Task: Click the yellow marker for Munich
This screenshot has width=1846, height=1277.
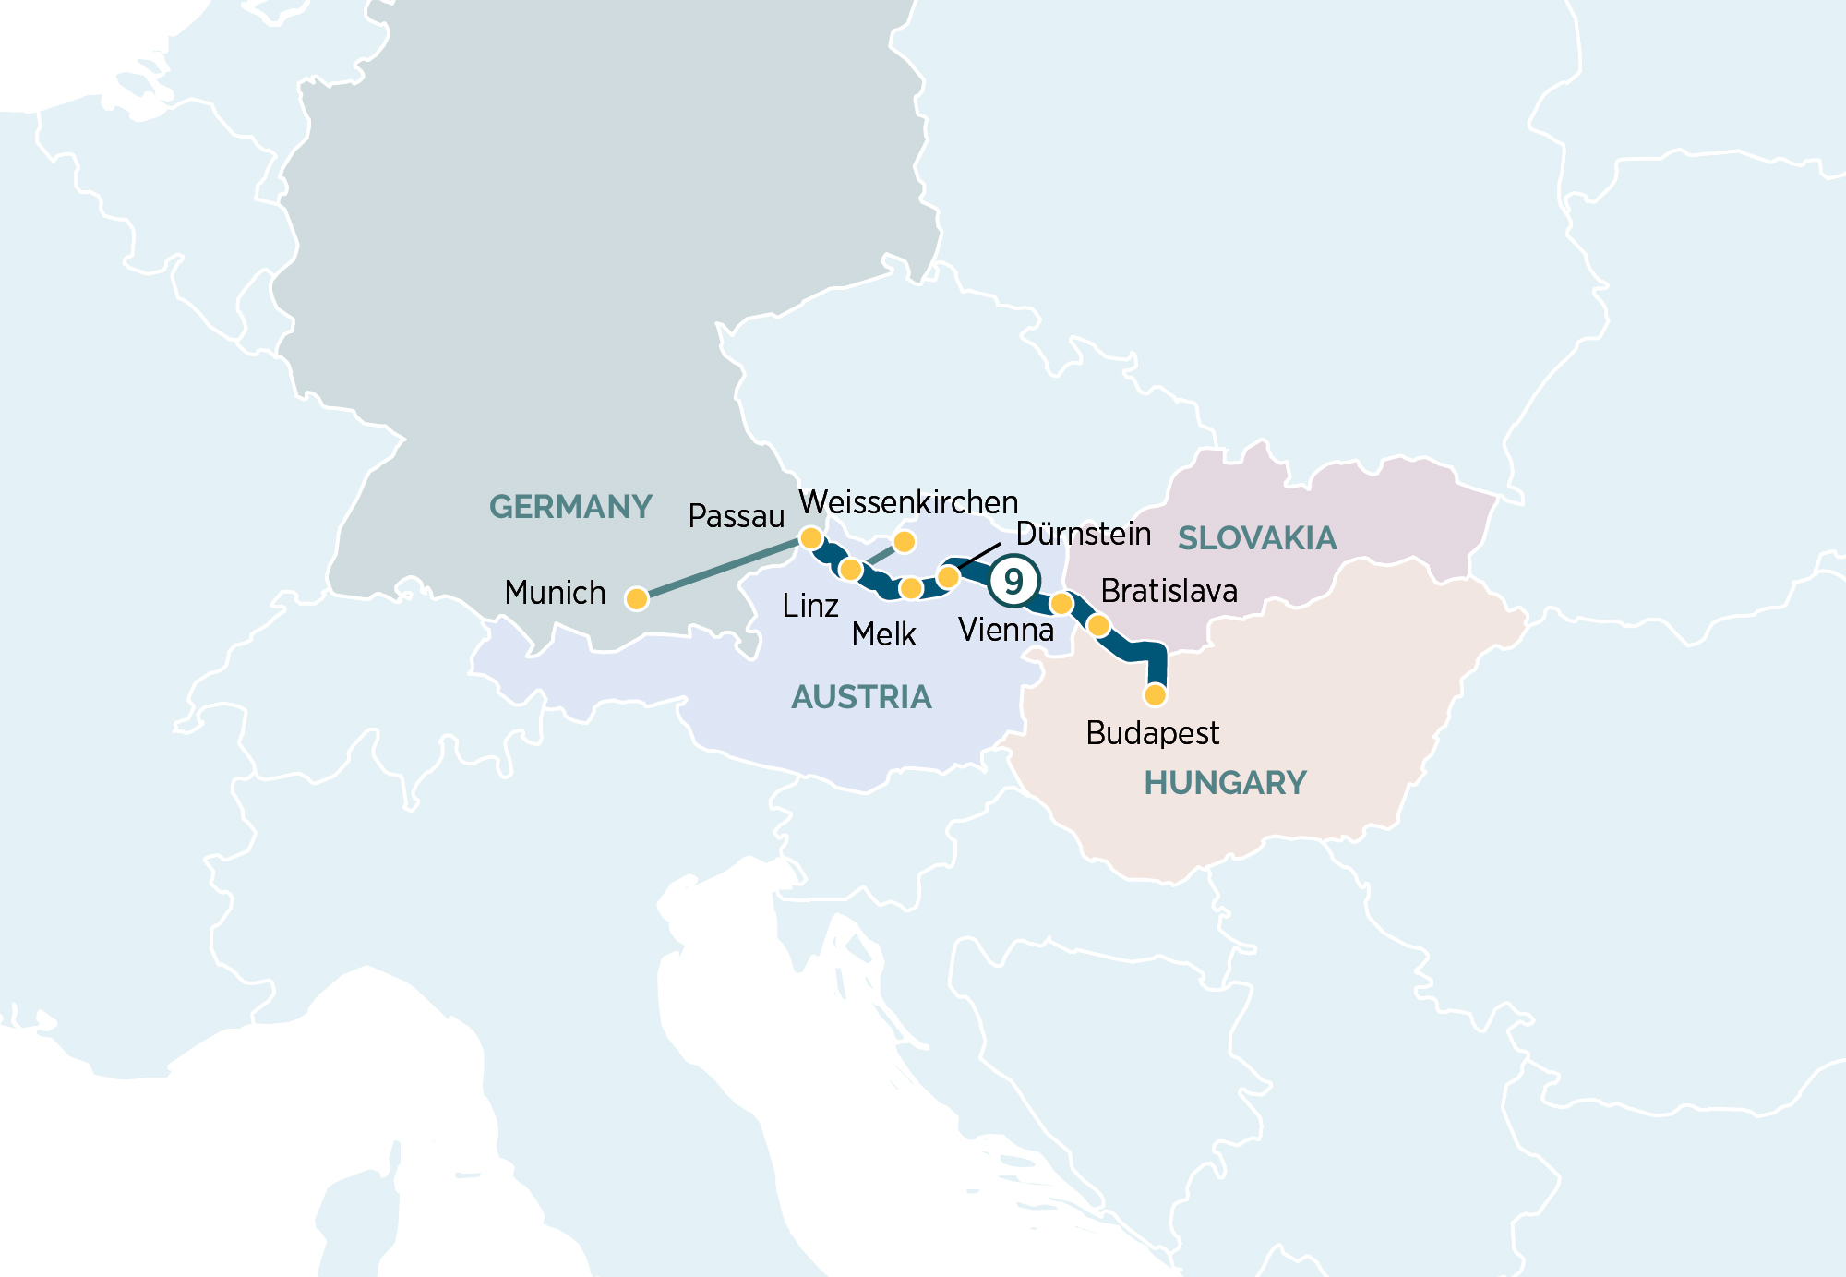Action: coord(636,599)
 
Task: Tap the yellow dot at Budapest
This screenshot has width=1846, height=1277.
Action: coord(1155,694)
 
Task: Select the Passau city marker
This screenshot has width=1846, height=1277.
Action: coord(810,537)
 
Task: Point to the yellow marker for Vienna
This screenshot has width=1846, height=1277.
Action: coord(1061,604)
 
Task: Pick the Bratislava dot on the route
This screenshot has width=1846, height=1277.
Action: coord(1098,626)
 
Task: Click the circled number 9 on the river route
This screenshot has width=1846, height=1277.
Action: coord(1013,582)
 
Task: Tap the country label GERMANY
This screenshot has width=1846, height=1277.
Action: coord(570,507)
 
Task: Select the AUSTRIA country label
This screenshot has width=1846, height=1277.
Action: coord(861,697)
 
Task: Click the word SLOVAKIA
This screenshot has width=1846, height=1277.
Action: coord(1257,538)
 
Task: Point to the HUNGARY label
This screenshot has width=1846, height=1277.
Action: coord(1225,783)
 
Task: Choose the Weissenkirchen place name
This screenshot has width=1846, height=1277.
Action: coord(908,502)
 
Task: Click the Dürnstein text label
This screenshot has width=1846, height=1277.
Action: coord(1083,534)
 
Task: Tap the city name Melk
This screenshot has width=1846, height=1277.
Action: coord(883,634)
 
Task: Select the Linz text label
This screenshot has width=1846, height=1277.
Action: coord(809,606)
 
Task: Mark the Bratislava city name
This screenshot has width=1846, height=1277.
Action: coord(1169,591)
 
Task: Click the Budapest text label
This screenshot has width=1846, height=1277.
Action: coord(1152,733)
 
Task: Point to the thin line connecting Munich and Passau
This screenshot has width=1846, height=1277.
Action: coord(720,569)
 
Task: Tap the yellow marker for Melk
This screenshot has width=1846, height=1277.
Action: coord(911,588)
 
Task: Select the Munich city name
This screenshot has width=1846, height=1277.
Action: coord(555,593)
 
